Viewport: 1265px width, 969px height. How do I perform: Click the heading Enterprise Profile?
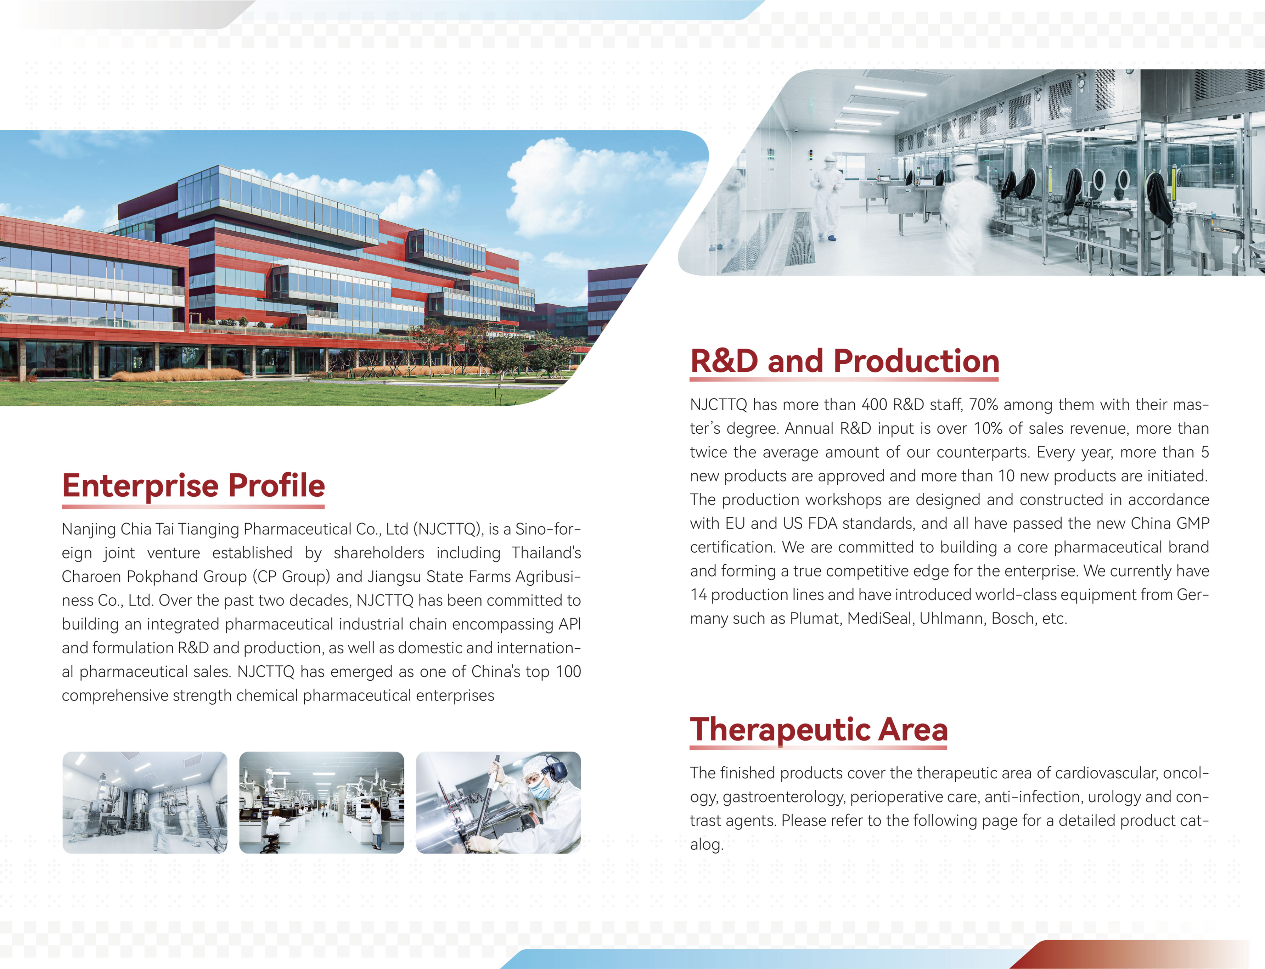pos(193,486)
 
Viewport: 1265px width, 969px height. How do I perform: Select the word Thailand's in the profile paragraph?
pos(546,553)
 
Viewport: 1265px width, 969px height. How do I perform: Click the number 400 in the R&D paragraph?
pos(875,405)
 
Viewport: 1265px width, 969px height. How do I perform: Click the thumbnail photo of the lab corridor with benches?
pos(322,802)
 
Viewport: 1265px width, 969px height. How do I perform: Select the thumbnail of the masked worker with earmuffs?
pos(499,802)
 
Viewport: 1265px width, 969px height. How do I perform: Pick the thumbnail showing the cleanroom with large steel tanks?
pos(145,802)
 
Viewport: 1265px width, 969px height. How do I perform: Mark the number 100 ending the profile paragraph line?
pos(568,672)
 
